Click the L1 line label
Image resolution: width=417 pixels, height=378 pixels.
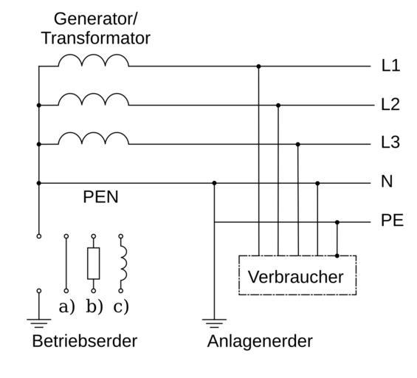[x=390, y=66]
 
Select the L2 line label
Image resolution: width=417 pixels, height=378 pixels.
[x=390, y=104]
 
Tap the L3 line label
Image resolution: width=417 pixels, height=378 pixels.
[x=390, y=142]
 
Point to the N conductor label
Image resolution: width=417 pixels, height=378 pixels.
[x=387, y=182]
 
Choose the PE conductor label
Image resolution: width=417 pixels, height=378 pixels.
[x=392, y=220]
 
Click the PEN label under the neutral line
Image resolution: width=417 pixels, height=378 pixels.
[x=100, y=197]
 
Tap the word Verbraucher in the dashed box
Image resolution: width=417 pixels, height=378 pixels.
[x=296, y=277]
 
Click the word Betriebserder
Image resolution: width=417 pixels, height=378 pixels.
[x=85, y=341]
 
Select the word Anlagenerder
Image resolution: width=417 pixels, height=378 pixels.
[x=260, y=341]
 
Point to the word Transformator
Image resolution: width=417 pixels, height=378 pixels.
[x=96, y=38]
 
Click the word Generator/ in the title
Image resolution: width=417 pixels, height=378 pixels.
[x=96, y=19]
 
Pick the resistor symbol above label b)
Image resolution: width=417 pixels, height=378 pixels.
[x=94, y=264]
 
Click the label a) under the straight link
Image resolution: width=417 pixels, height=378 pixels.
[x=66, y=306]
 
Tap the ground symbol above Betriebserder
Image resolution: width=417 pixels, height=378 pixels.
[x=39, y=323]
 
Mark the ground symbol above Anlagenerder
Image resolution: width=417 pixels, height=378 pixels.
[x=214, y=323]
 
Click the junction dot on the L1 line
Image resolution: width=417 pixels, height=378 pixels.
[x=258, y=66]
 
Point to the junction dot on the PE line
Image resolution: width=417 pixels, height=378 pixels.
[x=337, y=222]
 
